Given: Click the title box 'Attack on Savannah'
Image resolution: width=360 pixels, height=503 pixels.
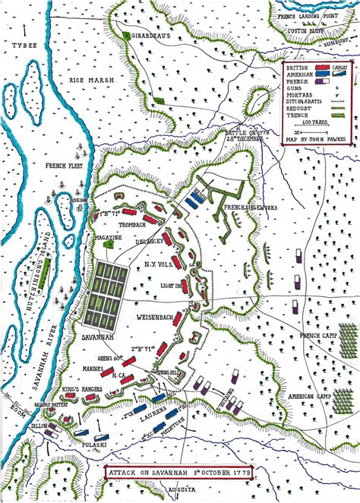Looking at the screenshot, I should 179,471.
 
